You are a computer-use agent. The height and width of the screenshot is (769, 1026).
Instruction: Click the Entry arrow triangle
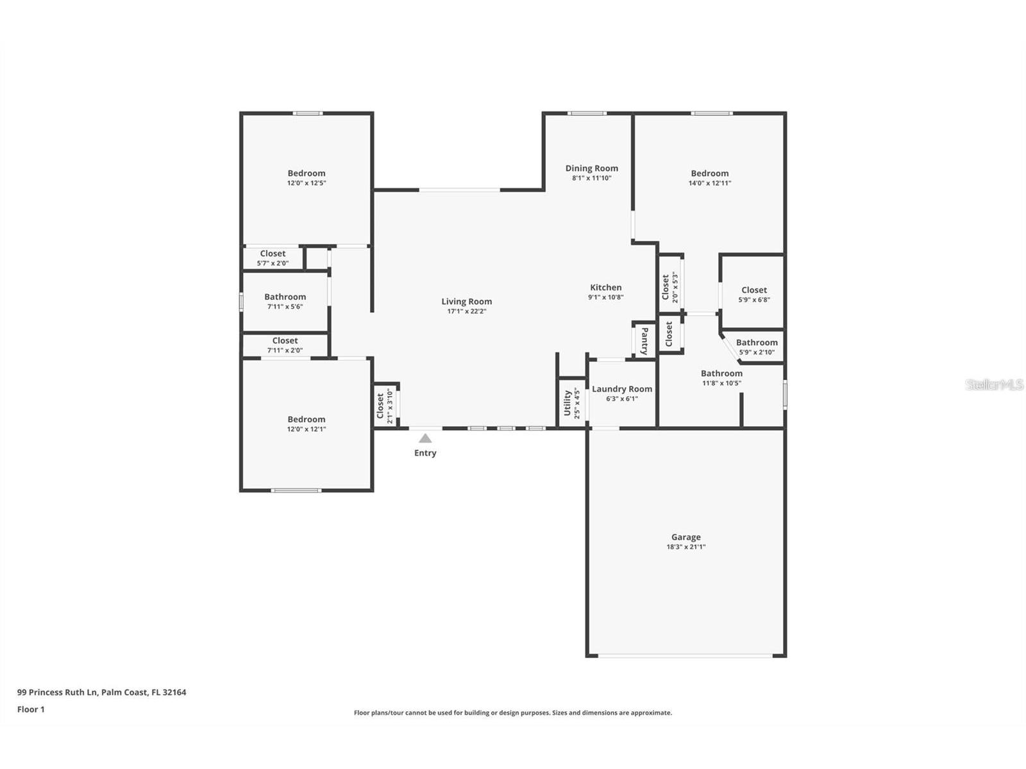click(425, 438)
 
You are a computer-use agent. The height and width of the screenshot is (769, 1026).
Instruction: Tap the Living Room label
click(466, 302)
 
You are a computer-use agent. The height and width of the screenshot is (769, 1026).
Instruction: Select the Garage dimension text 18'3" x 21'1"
click(685, 547)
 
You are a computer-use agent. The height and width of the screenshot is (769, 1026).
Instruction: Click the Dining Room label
click(592, 169)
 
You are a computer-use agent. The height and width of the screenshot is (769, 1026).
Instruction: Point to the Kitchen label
click(606, 288)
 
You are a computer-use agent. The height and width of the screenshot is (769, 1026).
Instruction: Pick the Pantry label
click(644, 341)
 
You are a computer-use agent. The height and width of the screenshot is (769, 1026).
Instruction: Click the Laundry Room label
click(621, 389)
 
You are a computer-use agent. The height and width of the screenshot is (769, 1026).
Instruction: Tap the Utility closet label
click(567, 403)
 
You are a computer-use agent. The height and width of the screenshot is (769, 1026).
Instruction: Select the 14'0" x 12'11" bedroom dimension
click(710, 183)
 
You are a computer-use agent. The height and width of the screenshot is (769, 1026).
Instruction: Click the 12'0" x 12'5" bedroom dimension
click(306, 183)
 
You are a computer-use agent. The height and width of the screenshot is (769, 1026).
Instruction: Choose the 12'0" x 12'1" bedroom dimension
click(306, 429)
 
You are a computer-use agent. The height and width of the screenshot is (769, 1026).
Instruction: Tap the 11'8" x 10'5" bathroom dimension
click(721, 383)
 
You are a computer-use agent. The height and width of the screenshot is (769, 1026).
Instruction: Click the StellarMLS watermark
click(994, 384)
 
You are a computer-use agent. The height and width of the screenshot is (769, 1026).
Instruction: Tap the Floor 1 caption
click(31, 709)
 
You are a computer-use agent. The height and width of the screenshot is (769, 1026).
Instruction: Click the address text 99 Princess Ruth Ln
click(58, 693)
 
